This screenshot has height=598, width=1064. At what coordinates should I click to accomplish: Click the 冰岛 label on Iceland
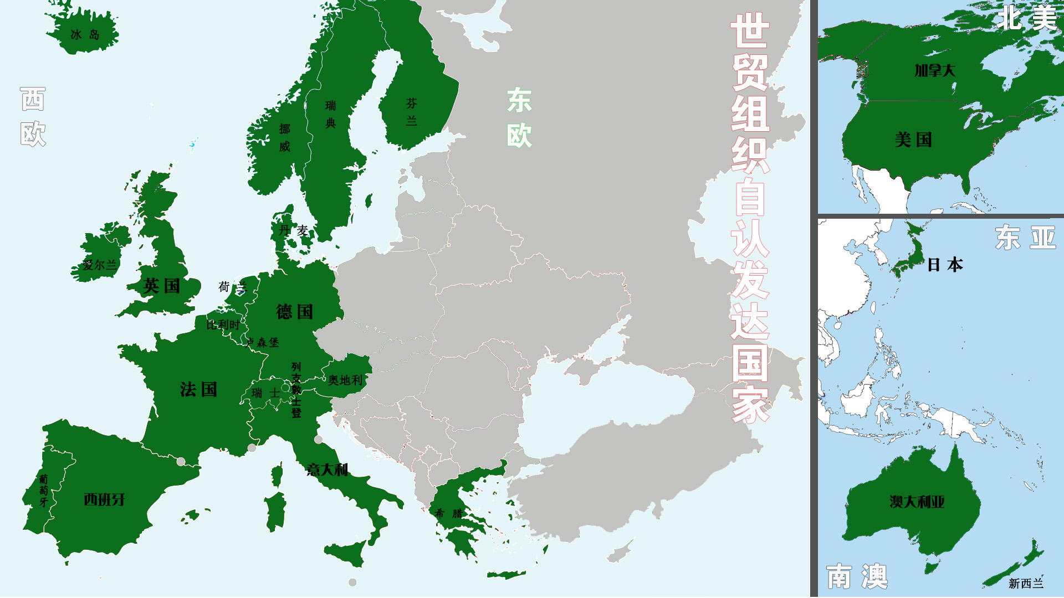pyautogui.click(x=85, y=35)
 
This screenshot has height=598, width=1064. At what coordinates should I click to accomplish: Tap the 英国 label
pyautogui.click(x=161, y=286)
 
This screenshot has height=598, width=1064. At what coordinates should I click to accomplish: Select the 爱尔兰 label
pyautogui.click(x=100, y=265)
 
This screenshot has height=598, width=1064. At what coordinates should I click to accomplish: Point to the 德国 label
pyautogui.click(x=294, y=312)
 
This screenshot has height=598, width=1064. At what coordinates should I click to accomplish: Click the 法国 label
pyautogui.click(x=198, y=389)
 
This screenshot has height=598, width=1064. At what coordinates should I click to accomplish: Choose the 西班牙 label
pyautogui.click(x=104, y=499)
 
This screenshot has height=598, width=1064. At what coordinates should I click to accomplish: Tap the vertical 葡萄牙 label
pyautogui.click(x=44, y=491)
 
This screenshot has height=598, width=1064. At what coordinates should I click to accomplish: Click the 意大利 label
pyautogui.click(x=327, y=470)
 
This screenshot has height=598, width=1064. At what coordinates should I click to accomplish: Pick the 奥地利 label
pyautogui.click(x=345, y=380)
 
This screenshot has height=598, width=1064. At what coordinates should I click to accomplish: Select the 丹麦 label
pyautogui.click(x=294, y=230)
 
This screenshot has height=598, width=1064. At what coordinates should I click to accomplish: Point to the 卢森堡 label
pyautogui.click(x=263, y=343)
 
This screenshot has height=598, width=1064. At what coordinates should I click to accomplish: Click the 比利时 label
pyautogui.click(x=223, y=324)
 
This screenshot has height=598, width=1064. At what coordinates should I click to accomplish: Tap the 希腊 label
pyautogui.click(x=449, y=513)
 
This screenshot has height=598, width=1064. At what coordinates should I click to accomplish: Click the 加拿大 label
pyautogui.click(x=935, y=70)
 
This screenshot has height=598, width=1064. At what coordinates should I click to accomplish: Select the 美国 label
pyautogui.click(x=913, y=140)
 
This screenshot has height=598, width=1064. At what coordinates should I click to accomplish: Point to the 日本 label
pyautogui.click(x=945, y=265)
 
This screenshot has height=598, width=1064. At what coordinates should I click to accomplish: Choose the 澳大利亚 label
pyautogui.click(x=917, y=502)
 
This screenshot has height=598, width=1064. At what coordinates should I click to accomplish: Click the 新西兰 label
pyautogui.click(x=1026, y=583)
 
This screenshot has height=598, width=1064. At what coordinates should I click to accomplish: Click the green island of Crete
pyautogui.click(x=506, y=575)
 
